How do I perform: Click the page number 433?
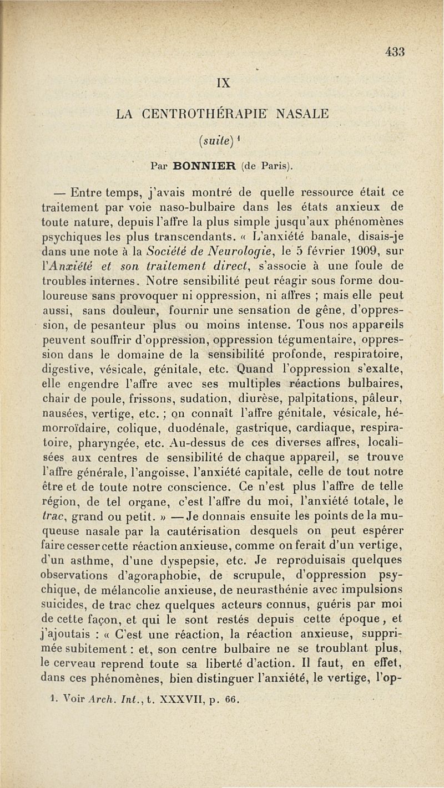pyautogui.click(x=396, y=52)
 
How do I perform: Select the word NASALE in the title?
pyautogui.click(x=304, y=114)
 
